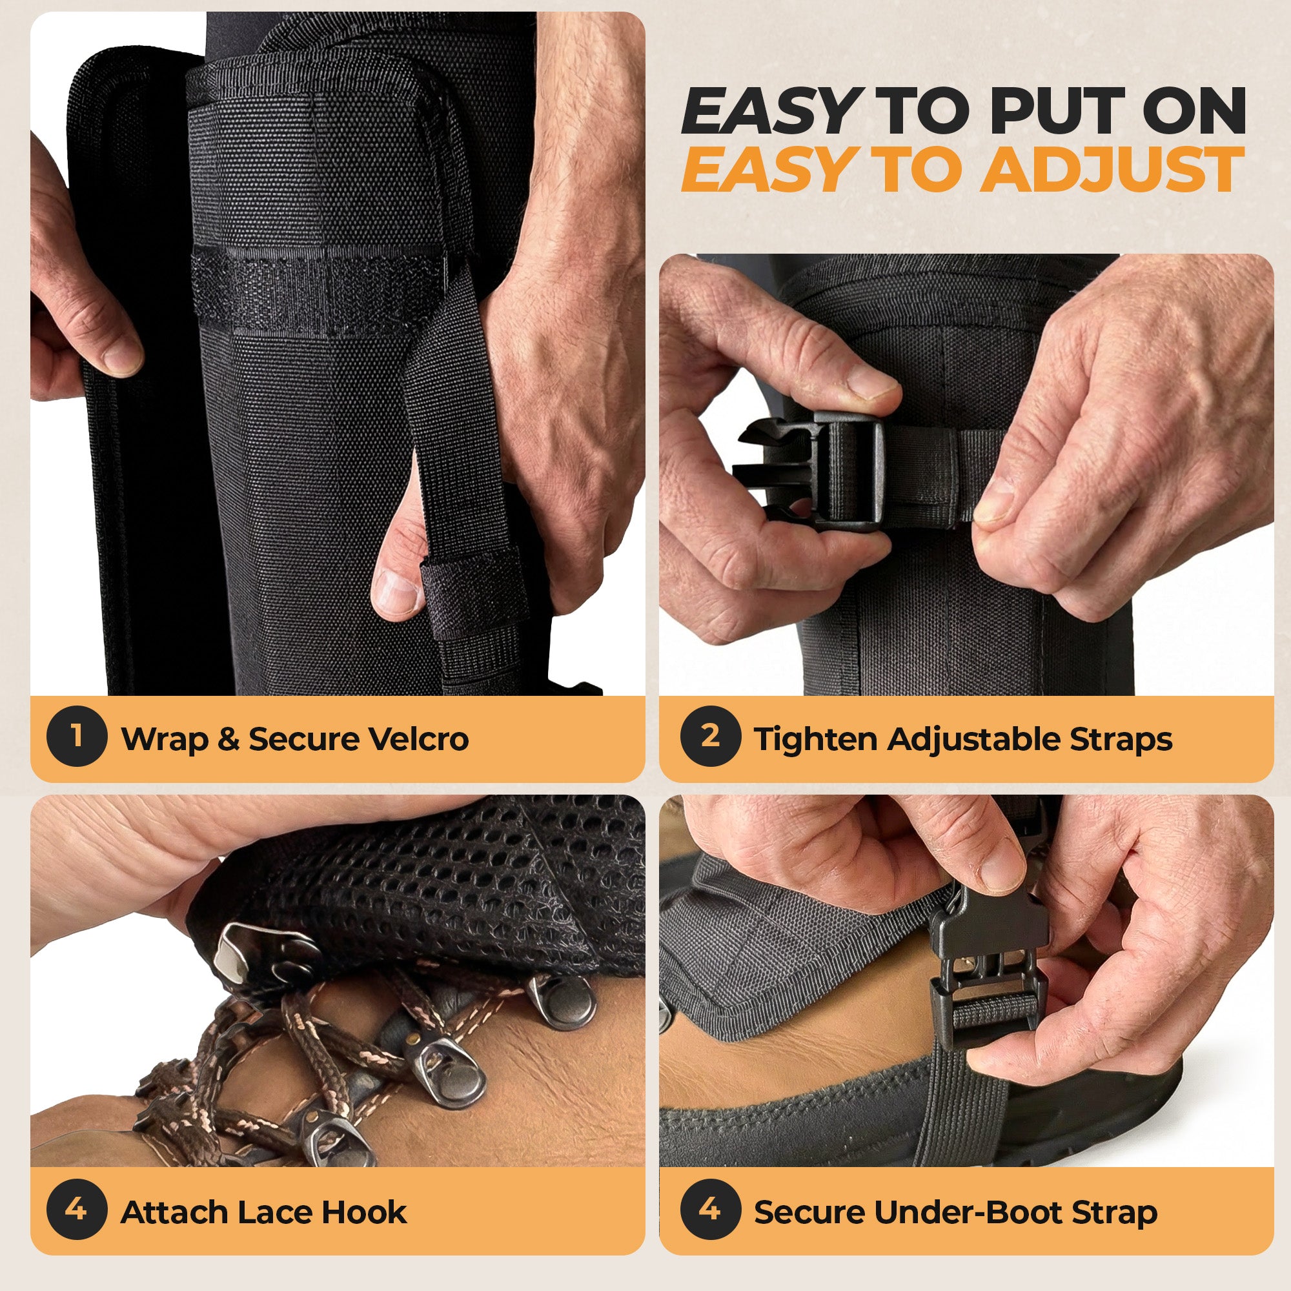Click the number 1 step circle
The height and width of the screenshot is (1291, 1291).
tap(77, 736)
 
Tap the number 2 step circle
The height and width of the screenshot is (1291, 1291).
tap(710, 736)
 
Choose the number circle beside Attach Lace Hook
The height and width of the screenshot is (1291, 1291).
tap(77, 1210)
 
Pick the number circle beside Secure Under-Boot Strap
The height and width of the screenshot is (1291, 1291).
tap(710, 1210)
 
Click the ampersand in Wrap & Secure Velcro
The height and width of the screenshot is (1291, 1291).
tap(229, 739)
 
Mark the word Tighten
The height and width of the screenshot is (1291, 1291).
tap(815, 740)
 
